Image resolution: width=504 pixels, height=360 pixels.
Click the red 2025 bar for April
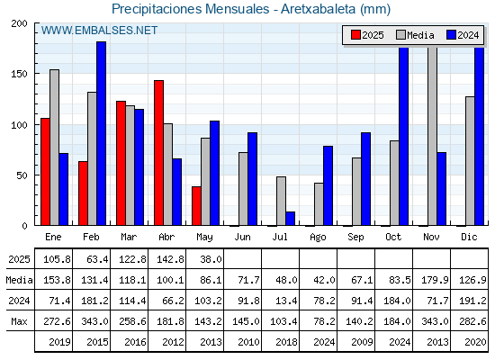point(158,153)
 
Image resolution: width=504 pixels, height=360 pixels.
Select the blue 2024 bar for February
point(101,133)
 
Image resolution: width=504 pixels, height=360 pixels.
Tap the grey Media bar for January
point(54,148)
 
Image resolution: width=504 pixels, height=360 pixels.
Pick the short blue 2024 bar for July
point(290,219)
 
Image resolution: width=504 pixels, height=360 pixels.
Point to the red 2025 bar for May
point(196,206)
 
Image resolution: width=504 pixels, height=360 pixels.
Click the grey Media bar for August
point(319,204)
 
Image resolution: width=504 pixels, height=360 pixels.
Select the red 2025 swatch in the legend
point(355,35)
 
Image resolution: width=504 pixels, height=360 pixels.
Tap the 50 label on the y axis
point(22,175)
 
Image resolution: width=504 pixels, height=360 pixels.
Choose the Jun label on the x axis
point(242,237)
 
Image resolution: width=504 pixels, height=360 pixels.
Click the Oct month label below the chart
point(393,237)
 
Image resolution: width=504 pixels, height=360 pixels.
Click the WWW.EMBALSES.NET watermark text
point(99,31)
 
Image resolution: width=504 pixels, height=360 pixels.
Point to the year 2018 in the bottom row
point(286,342)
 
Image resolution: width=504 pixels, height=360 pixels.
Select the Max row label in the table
point(19,321)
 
